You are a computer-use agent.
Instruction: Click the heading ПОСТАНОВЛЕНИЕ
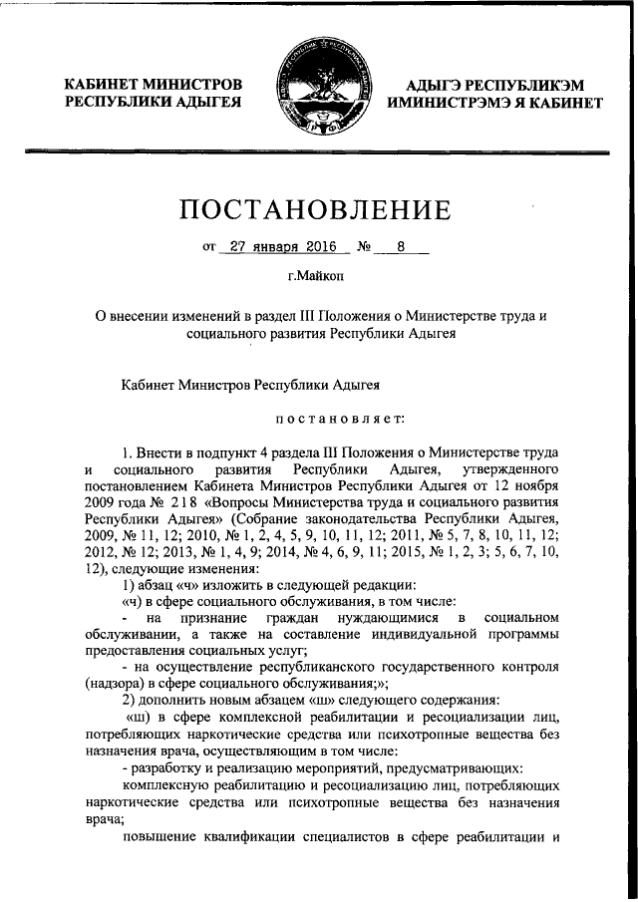[x=316, y=210]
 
